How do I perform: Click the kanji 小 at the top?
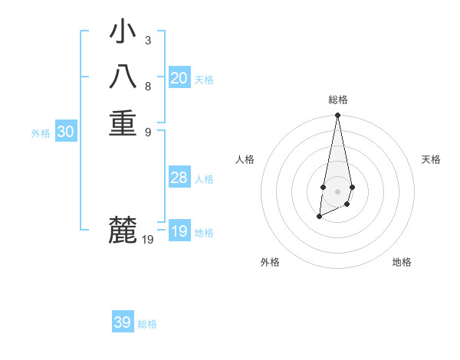pyautogui.click(x=123, y=33)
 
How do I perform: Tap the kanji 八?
pyautogui.click(x=123, y=77)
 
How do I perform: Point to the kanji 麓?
pyautogui.click(x=123, y=230)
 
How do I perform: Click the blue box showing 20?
pyautogui.click(x=179, y=78)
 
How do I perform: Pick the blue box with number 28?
pyautogui.click(x=179, y=178)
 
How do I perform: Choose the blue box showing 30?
pyautogui.click(x=66, y=132)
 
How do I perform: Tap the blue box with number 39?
pyautogui.click(x=123, y=322)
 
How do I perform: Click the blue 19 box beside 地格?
pyautogui.click(x=179, y=231)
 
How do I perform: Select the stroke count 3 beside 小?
pyautogui.click(x=147, y=40)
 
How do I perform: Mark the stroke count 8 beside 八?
pyautogui.click(x=147, y=86)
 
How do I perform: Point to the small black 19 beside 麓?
pyautogui.click(x=148, y=240)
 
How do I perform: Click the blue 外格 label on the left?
pyautogui.click(x=41, y=133)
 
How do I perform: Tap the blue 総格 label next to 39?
pyautogui.click(x=147, y=324)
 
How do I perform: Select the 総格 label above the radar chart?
pyautogui.click(x=337, y=100)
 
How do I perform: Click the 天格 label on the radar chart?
pyautogui.click(x=432, y=159)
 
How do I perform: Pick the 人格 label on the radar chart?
pyautogui.click(x=245, y=159)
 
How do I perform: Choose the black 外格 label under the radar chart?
pyautogui.click(x=270, y=262)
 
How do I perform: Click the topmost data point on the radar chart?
pyautogui.click(x=337, y=116)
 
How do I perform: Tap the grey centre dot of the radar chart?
pyautogui.click(x=337, y=191)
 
